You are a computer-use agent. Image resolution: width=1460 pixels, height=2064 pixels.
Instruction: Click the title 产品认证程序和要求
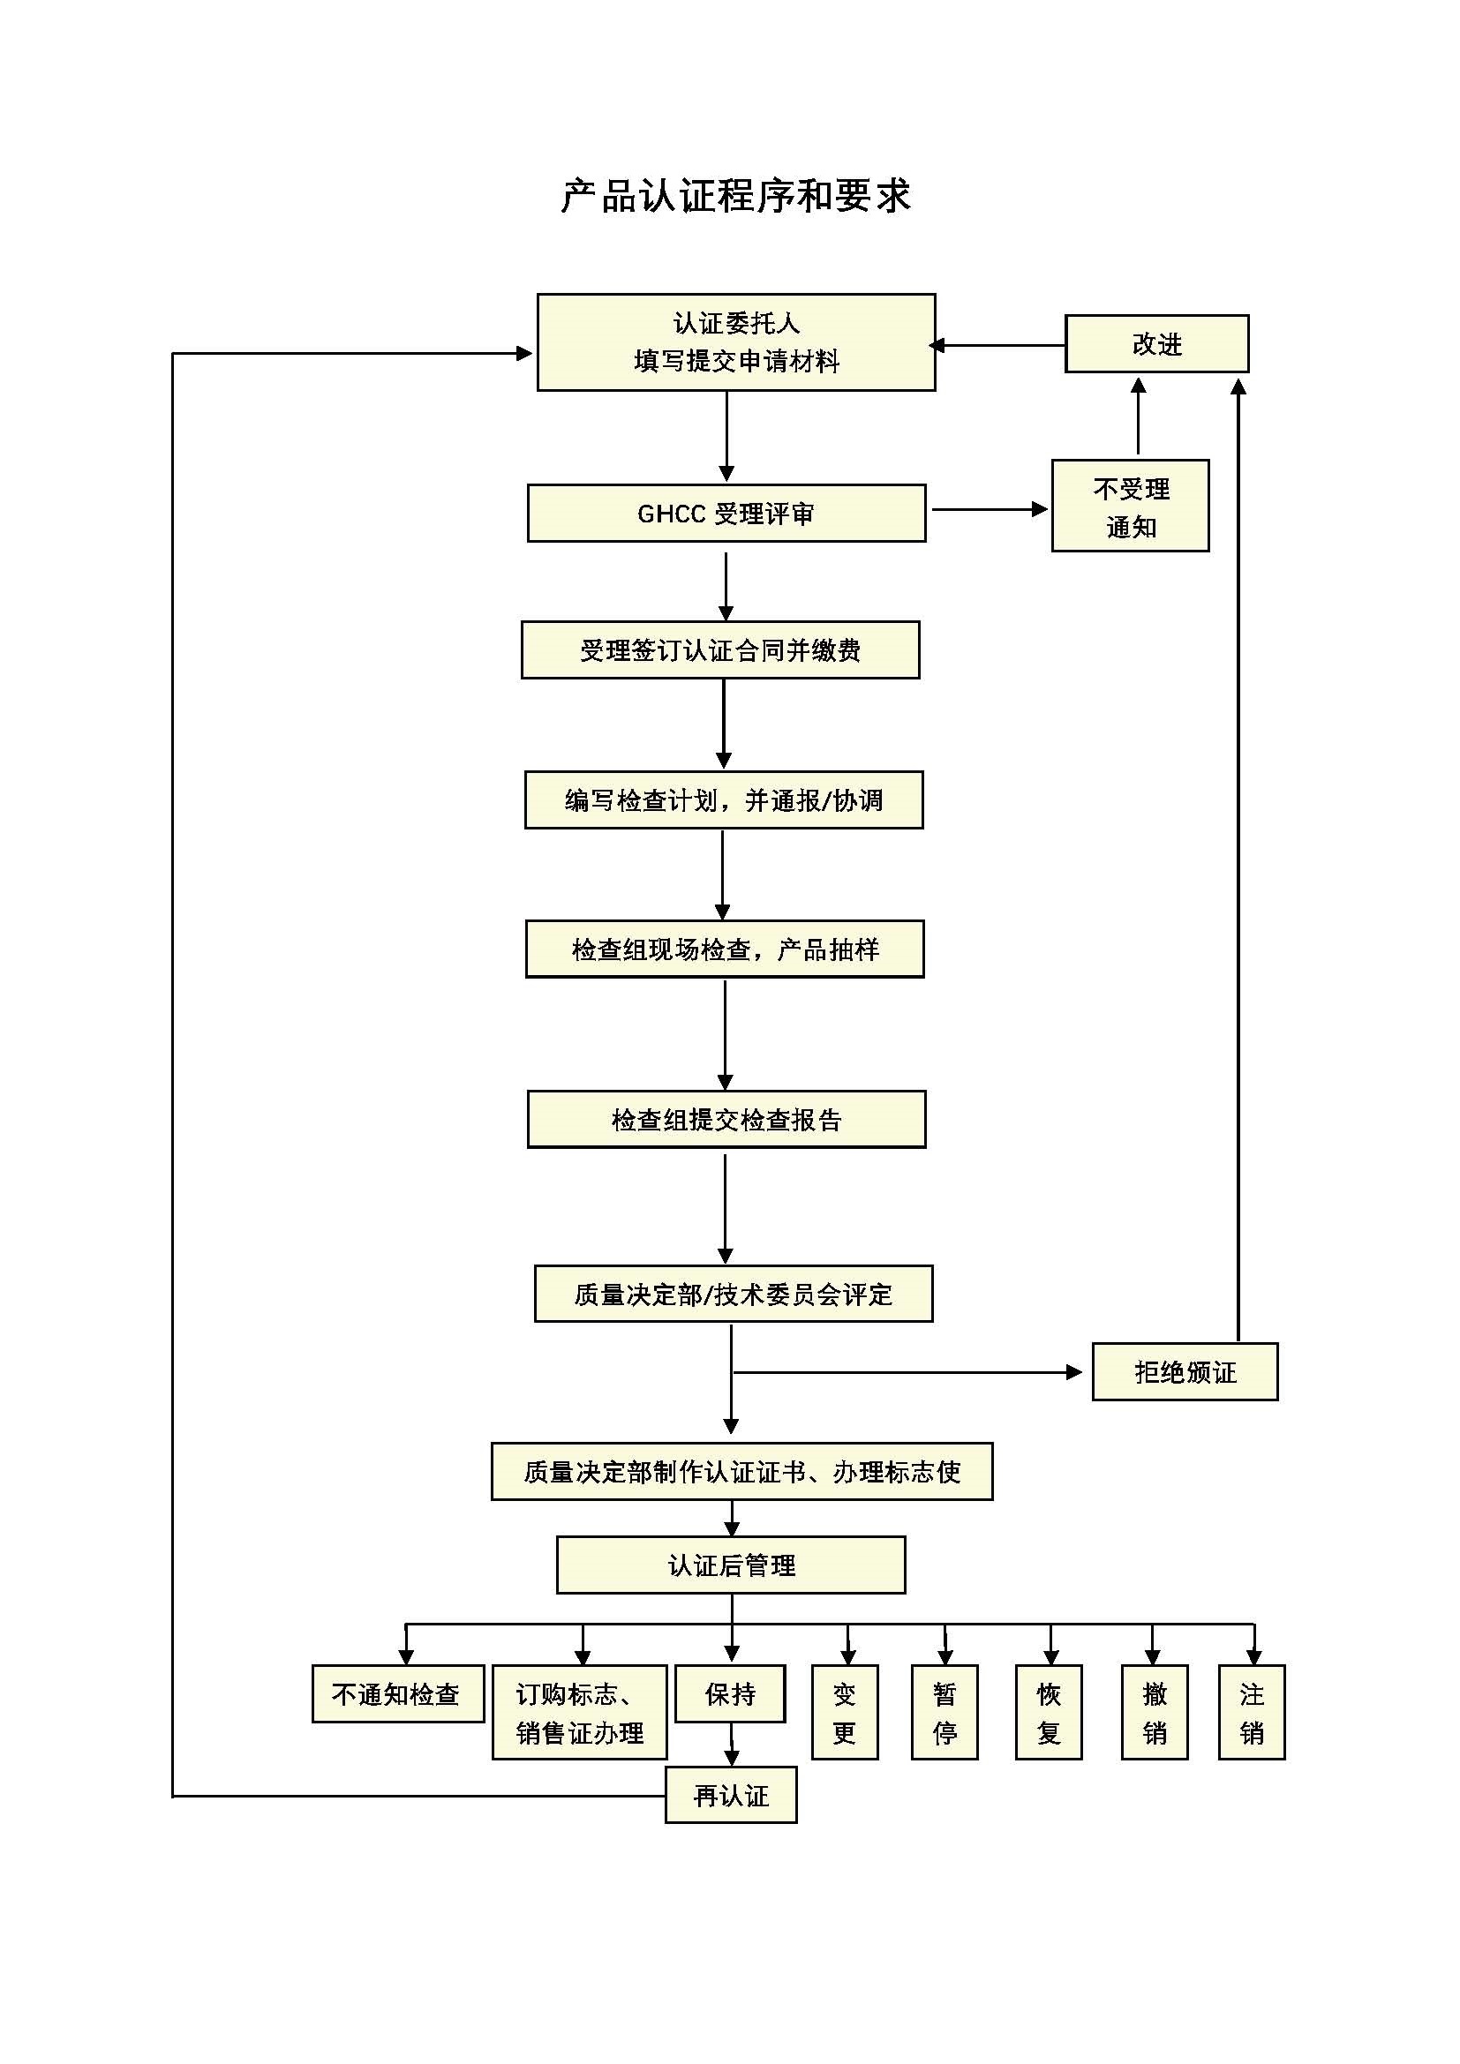pyautogui.click(x=735, y=196)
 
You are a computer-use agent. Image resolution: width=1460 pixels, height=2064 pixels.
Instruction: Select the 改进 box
pyautogui.click(x=1156, y=343)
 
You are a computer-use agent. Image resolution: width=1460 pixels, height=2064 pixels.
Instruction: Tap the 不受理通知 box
pyautogui.click(x=1130, y=507)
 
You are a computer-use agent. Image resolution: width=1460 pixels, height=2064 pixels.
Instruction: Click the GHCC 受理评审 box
pyautogui.click(x=726, y=514)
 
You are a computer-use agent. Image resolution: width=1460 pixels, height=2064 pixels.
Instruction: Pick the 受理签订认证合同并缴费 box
pyautogui.click(x=720, y=650)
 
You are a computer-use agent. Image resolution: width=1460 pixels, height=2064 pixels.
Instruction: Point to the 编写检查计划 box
pyautogui.click(x=724, y=800)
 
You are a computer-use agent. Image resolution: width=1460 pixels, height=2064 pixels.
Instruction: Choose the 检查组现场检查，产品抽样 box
pyautogui.click(x=725, y=949)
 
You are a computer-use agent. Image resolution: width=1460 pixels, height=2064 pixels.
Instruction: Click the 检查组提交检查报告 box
pyautogui.click(x=726, y=1119)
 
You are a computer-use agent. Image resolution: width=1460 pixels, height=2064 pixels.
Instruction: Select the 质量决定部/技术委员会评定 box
pyautogui.click(x=734, y=1294)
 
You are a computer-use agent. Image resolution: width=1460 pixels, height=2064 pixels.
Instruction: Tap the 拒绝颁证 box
pyautogui.click(x=1185, y=1372)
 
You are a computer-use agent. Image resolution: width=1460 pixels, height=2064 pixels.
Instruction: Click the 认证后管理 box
pyautogui.click(x=731, y=1565)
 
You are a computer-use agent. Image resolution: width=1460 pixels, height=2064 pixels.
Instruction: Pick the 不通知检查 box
pyautogui.click(x=397, y=1693)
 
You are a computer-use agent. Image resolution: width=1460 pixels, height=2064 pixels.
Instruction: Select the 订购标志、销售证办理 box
pyautogui.click(x=580, y=1713)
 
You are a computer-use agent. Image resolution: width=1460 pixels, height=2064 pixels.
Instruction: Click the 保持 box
pyautogui.click(x=730, y=1693)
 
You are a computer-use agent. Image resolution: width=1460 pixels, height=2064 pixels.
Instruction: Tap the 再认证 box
pyautogui.click(x=731, y=1795)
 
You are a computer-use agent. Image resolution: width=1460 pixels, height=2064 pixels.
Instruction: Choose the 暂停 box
pyautogui.click(x=944, y=1713)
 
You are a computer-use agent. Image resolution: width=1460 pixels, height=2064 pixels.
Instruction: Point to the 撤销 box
pyautogui.click(x=1155, y=1713)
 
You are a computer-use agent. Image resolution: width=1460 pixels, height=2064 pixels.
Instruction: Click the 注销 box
pyautogui.click(x=1252, y=1713)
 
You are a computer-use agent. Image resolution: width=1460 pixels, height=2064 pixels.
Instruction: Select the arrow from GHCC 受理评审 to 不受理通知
pyautogui.click(x=989, y=510)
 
